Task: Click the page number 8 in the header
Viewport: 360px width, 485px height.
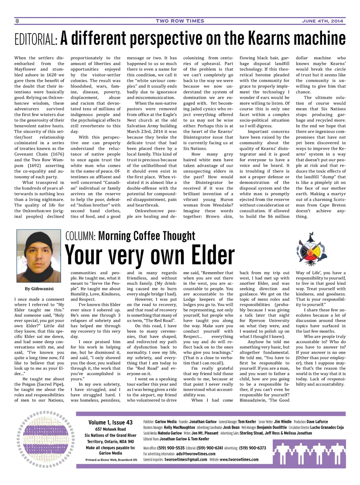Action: click(17, 21)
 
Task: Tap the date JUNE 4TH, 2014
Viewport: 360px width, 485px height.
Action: click(322, 21)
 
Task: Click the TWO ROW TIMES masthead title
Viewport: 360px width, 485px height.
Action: click(180, 21)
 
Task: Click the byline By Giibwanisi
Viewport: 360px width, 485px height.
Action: click(39, 289)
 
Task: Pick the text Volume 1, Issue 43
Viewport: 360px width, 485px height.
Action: click(110, 422)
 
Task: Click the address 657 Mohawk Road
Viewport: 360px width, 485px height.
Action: click(110, 429)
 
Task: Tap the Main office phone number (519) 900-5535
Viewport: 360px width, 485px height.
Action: click(171, 448)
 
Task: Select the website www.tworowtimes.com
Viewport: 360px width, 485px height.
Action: click(239, 460)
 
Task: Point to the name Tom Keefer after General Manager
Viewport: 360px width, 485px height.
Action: click(247, 422)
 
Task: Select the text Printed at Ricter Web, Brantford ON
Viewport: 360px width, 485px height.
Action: click(111, 460)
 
